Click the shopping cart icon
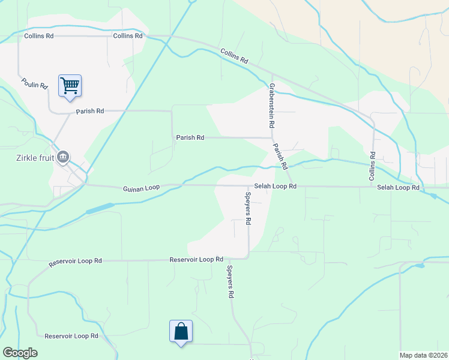click(x=70, y=85)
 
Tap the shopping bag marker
click(x=181, y=331)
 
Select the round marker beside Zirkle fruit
click(x=63, y=158)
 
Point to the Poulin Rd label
click(x=34, y=83)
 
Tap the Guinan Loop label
click(x=142, y=188)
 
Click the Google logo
click(x=20, y=353)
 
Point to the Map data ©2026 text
click(x=424, y=355)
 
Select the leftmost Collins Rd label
click(x=39, y=36)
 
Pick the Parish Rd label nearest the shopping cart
click(x=90, y=112)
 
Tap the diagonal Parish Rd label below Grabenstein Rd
click(x=280, y=156)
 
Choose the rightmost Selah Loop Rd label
click(x=398, y=188)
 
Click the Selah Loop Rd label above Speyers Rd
click(x=275, y=187)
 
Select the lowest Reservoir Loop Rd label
click(x=71, y=336)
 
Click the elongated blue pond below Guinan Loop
click(x=100, y=209)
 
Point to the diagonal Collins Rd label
click(x=234, y=57)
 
